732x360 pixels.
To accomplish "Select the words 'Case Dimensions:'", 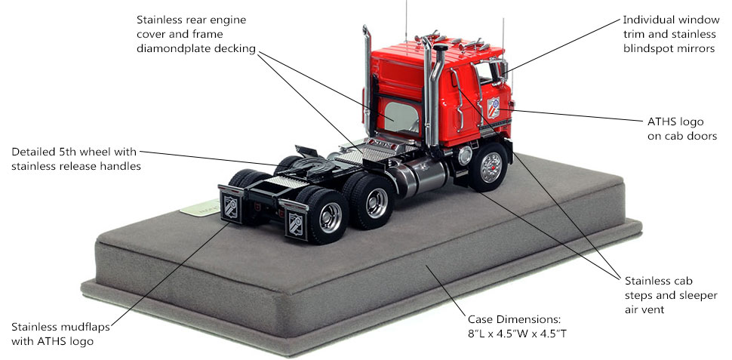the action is tap(513, 320).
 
